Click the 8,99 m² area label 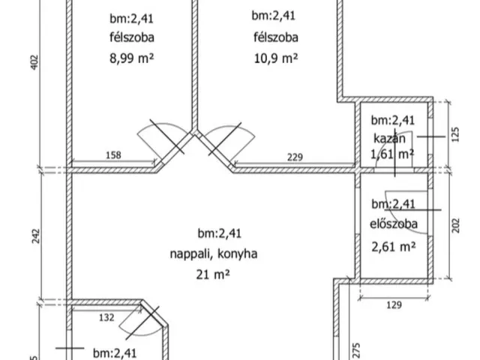pos(132,58)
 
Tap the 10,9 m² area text pos(276,58)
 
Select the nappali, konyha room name pos(213,253)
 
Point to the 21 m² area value pos(213,274)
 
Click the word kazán pos(389,139)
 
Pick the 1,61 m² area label pos(392,154)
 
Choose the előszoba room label pos(394,223)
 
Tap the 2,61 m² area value pos(394,246)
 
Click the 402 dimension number pos(34,62)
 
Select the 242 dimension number pos(36,236)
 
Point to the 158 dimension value pos(113,155)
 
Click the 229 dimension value pos(295,157)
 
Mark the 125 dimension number pos(455,134)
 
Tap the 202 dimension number pos(456,226)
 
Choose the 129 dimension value pos(394,305)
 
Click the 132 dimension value pos(106,317)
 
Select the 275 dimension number pos(356,350)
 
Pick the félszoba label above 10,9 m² pos(276,37)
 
